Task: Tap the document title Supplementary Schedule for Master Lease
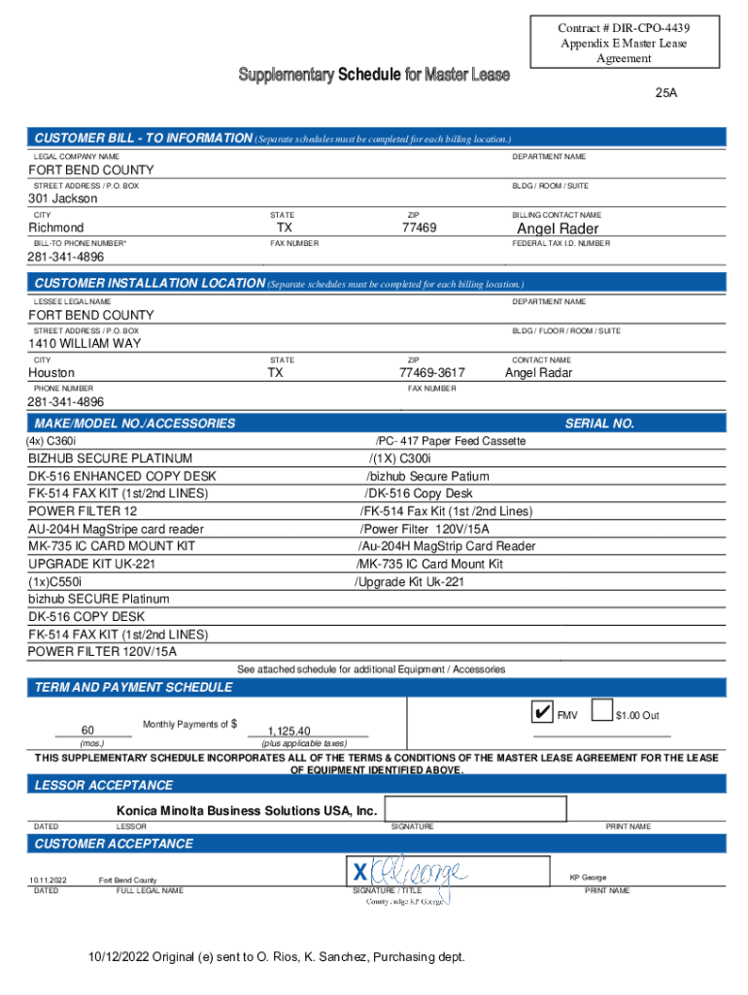point(373,75)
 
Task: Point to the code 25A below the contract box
point(665,94)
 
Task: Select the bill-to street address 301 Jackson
point(63,198)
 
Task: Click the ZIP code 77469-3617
point(431,373)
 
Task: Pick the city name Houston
point(51,373)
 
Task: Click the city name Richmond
point(56,228)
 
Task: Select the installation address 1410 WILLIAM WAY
point(85,344)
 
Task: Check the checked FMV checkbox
point(541,712)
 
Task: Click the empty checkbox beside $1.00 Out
point(601,712)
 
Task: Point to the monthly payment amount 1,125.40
point(289,731)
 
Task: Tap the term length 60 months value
point(87,731)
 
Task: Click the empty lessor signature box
point(475,809)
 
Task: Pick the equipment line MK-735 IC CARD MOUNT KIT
point(112,547)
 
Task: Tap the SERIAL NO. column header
point(599,424)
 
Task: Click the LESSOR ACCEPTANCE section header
point(104,785)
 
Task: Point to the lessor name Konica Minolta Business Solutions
point(246,810)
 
